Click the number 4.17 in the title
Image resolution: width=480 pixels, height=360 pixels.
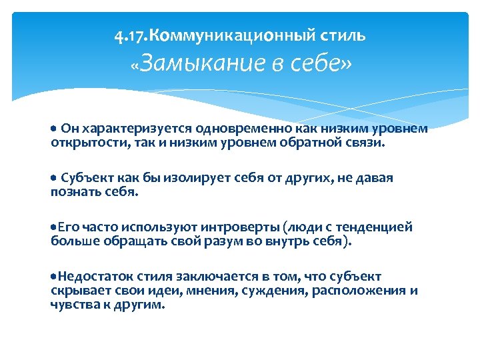pyautogui.click(x=125, y=34)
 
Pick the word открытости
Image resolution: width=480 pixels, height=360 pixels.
pyautogui.click(x=81, y=142)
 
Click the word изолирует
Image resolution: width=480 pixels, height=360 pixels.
pyautogui.click(x=173, y=178)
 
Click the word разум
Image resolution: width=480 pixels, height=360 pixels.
pyautogui.click(x=203, y=241)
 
